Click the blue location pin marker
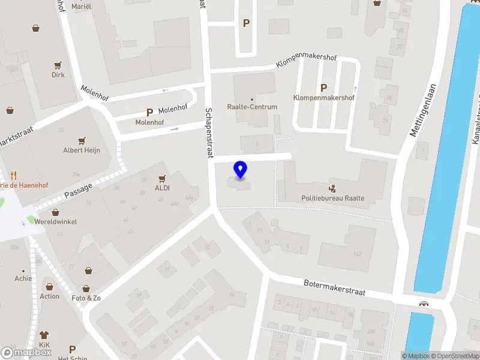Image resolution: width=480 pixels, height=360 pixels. [x=241, y=170]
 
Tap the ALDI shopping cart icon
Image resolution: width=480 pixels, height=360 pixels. [x=161, y=178]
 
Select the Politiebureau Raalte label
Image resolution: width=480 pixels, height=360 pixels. [x=333, y=198]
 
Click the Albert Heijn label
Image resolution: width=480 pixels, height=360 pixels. [x=82, y=150]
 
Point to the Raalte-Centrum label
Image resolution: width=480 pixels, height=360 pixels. [x=252, y=107]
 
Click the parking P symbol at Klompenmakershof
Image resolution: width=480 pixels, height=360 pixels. [x=324, y=88]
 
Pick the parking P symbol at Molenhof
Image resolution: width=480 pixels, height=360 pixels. [x=149, y=112]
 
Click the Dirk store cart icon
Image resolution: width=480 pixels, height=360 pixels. [x=58, y=65]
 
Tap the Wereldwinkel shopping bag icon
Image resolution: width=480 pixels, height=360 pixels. [x=55, y=212]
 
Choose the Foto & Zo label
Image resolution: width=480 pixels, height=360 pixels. [x=86, y=298]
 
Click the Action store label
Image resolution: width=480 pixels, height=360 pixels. [x=50, y=296]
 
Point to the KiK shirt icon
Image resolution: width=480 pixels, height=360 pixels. [x=44, y=335]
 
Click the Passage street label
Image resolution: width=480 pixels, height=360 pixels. [x=78, y=191]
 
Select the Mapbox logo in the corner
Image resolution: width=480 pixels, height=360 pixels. [x=26, y=353]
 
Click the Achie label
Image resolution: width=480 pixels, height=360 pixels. [x=23, y=278]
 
